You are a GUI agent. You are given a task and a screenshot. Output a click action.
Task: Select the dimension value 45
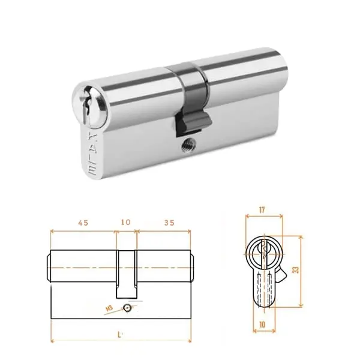(83, 222)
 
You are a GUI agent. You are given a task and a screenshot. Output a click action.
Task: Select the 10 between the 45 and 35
(126, 222)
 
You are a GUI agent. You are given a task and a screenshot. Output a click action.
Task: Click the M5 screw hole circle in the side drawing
(127, 308)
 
